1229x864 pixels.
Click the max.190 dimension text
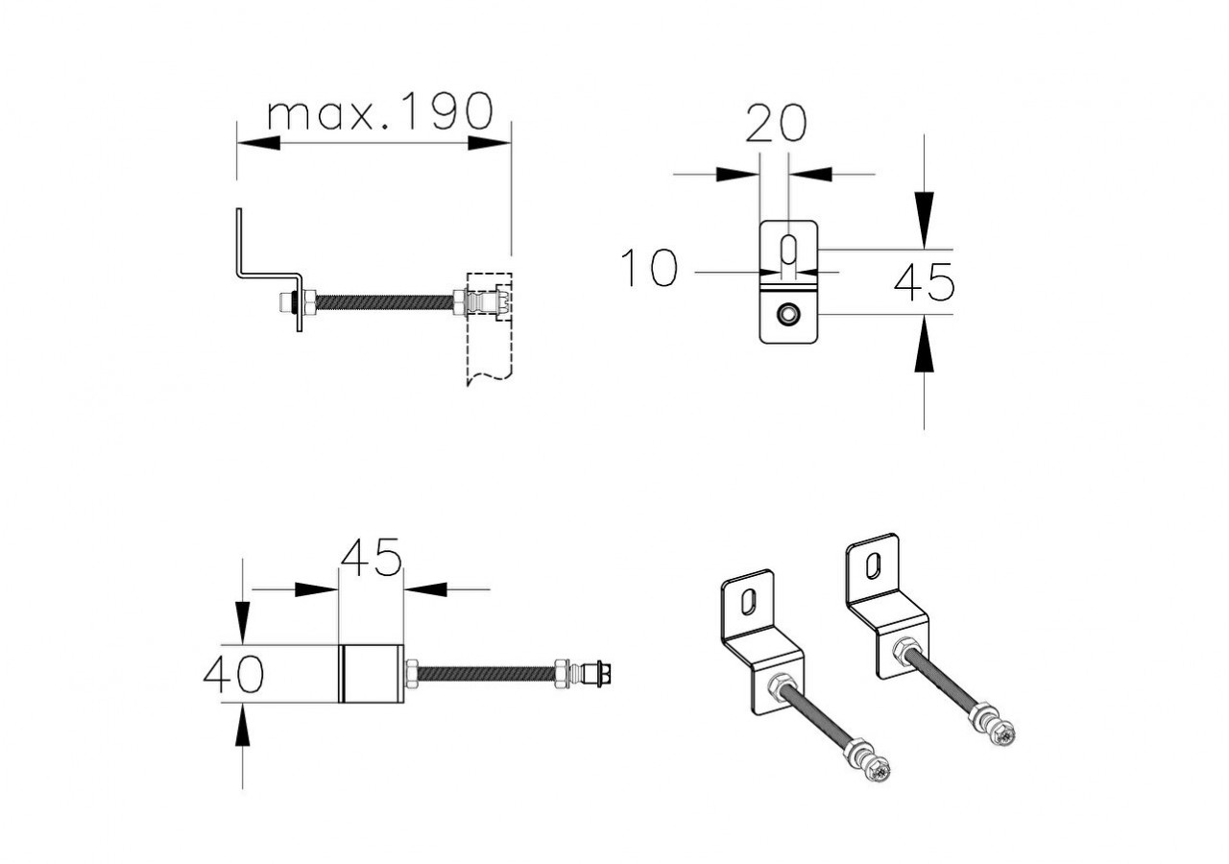click(x=379, y=113)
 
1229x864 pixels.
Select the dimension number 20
click(x=776, y=123)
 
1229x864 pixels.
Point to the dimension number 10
click(x=649, y=268)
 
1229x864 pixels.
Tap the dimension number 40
click(x=233, y=674)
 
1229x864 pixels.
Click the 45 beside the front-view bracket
click(x=924, y=281)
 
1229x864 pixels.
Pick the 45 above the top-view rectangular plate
click(x=371, y=559)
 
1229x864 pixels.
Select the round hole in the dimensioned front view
click(x=788, y=313)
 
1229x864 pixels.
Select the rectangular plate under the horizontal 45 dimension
click(x=372, y=673)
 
